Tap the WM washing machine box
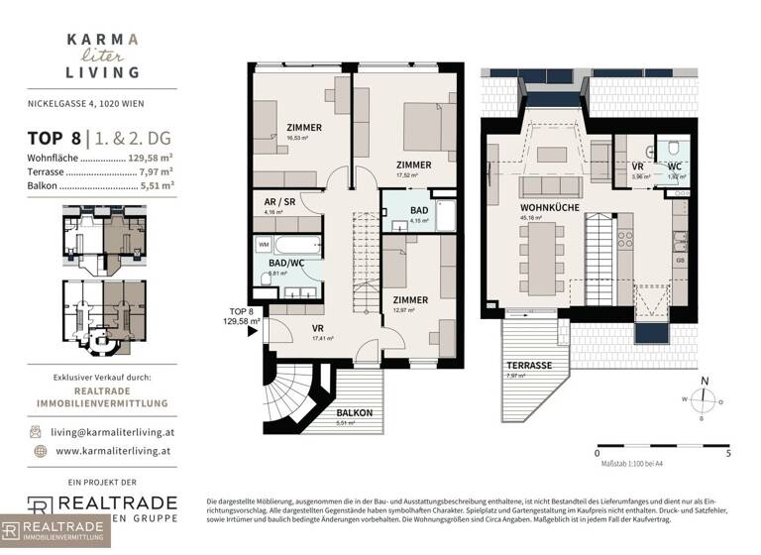[264, 243]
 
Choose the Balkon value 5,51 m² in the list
[158, 183]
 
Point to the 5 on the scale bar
[727, 452]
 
